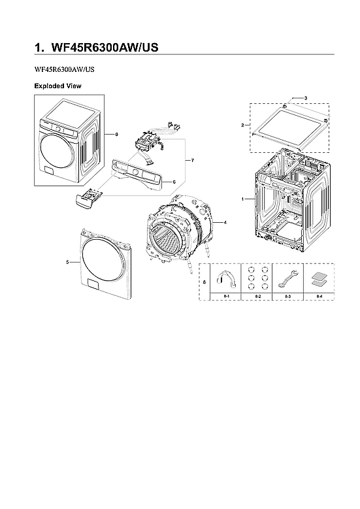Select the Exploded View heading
57,86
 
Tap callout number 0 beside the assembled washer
116,134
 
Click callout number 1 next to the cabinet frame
242,198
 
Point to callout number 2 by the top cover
242,125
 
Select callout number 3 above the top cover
305,98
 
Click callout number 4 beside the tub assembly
225,223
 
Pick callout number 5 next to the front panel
68,262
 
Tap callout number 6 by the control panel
174,181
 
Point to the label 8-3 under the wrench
287,297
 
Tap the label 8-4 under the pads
318,297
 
